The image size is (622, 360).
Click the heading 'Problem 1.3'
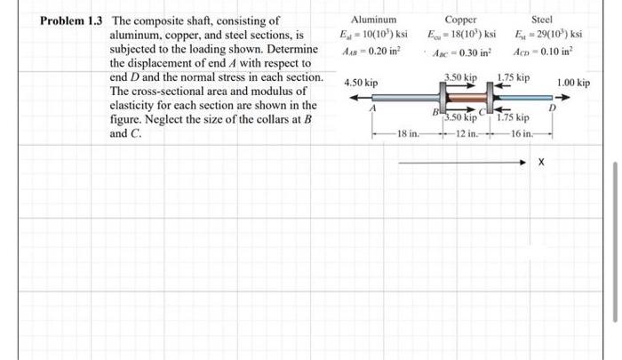tap(72, 20)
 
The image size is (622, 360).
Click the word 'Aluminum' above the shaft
tap(374, 19)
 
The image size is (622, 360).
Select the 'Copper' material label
tap(460, 19)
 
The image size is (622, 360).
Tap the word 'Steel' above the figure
tap(542, 19)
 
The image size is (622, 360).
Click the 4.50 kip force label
tap(361, 83)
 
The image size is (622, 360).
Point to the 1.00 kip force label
tap(573, 83)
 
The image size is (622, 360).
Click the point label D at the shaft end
tap(552, 109)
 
